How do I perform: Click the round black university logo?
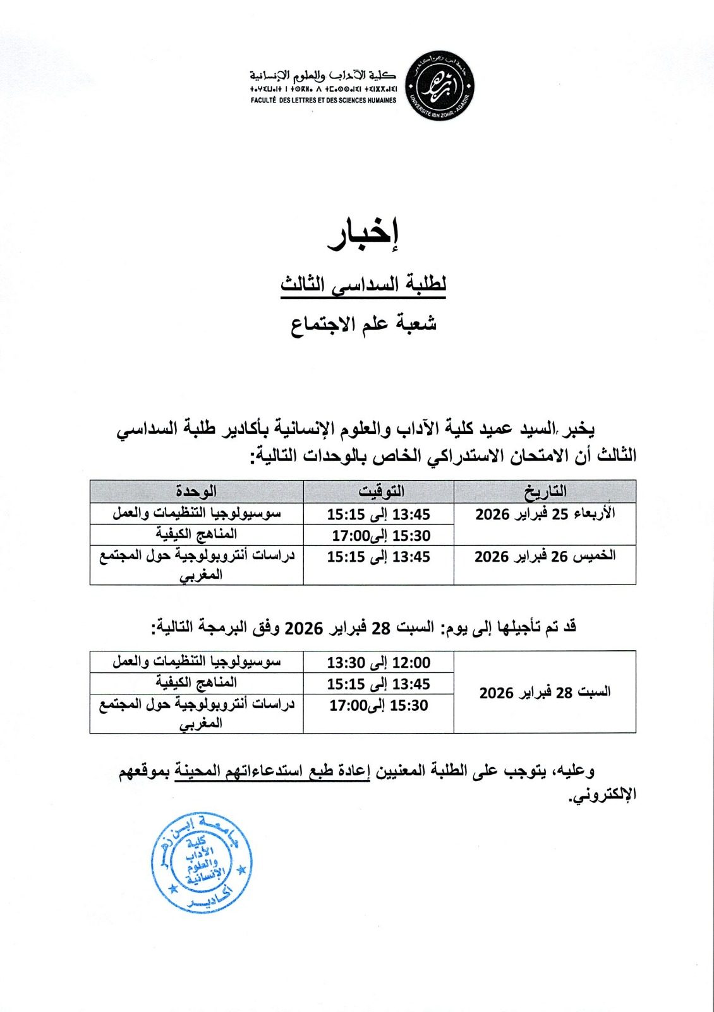click(x=439, y=87)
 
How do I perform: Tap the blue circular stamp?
click(x=202, y=863)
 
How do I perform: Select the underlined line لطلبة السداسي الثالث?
click(x=363, y=285)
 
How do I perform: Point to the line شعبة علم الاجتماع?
click(x=363, y=324)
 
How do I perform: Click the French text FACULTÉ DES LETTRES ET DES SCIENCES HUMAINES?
click(x=324, y=100)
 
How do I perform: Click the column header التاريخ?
click(x=545, y=491)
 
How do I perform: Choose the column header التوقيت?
click(x=379, y=491)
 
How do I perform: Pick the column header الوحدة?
click(x=197, y=491)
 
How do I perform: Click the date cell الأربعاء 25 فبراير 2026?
click(x=545, y=514)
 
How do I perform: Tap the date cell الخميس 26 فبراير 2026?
click(x=545, y=557)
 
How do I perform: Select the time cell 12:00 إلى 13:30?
click(x=378, y=662)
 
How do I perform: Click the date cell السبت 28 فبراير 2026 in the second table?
click(x=545, y=692)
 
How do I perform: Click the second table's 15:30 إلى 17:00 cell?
click(x=378, y=705)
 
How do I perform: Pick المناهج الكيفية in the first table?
click(x=197, y=534)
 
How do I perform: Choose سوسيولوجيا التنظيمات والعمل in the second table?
click(x=197, y=662)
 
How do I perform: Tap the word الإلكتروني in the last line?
click(x=603, y=794)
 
